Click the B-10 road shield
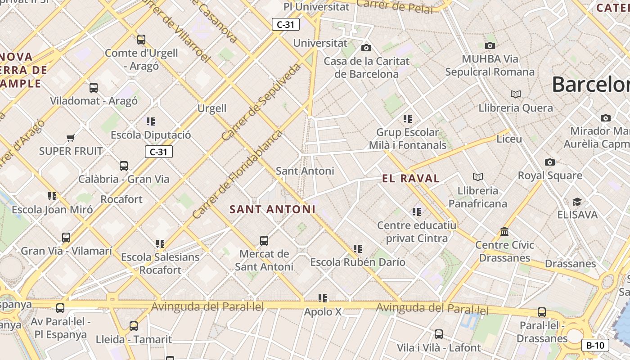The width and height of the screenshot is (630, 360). click(x=595, y=345)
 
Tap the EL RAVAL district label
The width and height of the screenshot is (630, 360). click(x=411, y=178)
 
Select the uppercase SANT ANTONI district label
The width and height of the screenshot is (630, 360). click(x=272, y=209)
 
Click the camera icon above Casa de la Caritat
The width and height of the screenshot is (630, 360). click(x=366, y=48)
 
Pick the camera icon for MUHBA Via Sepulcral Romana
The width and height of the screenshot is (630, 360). click(x=490, y=45)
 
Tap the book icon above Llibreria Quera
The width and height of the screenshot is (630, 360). click(x=516, y=94)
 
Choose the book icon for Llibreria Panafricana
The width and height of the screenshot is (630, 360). click(x=478, y=177)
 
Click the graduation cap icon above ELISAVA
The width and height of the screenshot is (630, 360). click(x=577, y=201)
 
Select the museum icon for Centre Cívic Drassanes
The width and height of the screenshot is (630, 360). click(x=504, y=231)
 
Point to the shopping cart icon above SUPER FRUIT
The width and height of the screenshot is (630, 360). click(x=70, y=137)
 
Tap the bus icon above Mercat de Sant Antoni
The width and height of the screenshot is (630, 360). click(x=264, y=241)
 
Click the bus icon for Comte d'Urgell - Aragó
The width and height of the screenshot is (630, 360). click(x=141, y=40)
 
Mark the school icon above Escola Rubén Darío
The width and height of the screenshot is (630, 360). click(x=358, y=248)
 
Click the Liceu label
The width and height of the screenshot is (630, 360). click(x=509, y=139)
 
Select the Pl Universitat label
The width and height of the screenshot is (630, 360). click(x=316, y=7)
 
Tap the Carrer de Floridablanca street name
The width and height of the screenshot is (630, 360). click(x=237, y=175)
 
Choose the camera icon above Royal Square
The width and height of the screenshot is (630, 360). click(x=549, y=162)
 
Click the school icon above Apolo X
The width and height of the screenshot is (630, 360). click(x=323, y=298)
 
